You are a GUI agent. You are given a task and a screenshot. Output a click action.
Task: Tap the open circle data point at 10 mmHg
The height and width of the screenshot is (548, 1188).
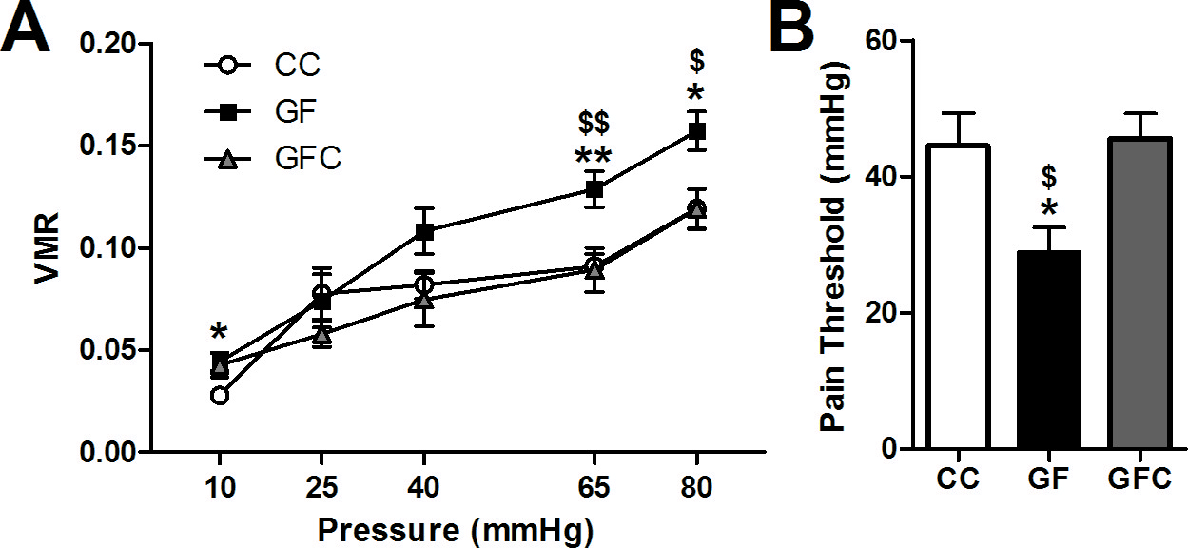pyautogui.click(x=220, y=395)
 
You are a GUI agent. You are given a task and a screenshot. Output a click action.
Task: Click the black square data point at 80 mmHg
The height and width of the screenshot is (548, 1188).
pyautogui.click(x=697, y=131)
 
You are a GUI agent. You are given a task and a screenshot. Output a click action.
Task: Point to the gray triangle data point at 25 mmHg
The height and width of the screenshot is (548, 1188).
pyautogui.click(x=322, y=334)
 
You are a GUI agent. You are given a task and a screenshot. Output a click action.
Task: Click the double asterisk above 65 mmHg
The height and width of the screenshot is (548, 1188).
pyautogui.click(x=594, y=156)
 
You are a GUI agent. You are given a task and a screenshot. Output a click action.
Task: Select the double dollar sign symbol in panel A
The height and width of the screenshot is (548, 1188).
pyautogui.click(x=594, y=124)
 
